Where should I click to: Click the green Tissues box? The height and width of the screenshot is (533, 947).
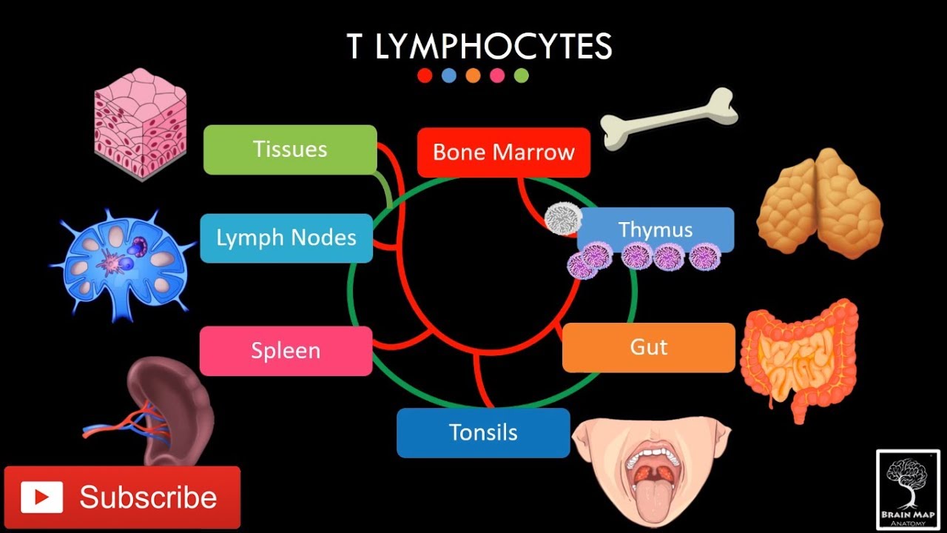tap(290, 150)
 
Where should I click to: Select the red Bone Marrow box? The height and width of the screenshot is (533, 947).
tap(503, 152)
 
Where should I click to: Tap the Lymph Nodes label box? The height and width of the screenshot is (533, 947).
tap(286, 238)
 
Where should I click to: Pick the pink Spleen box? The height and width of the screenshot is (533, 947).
tap(286, 350)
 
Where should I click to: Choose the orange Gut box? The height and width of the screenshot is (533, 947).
tap(648, 347)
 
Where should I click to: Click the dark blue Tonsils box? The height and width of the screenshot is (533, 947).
tap(483, 432)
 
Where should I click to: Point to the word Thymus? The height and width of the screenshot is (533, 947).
tap(656, 229)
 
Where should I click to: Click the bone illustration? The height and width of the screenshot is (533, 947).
tap(669, 118)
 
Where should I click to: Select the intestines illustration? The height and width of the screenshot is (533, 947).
tap(799, 355)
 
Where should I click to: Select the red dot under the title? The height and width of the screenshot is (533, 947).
tap(425, 76)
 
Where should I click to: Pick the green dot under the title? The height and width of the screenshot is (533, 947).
tap(521, 76)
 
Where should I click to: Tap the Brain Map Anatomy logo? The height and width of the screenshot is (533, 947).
tap(908, 489)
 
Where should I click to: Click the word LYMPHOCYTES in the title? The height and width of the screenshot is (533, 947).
tap(493, 47)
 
